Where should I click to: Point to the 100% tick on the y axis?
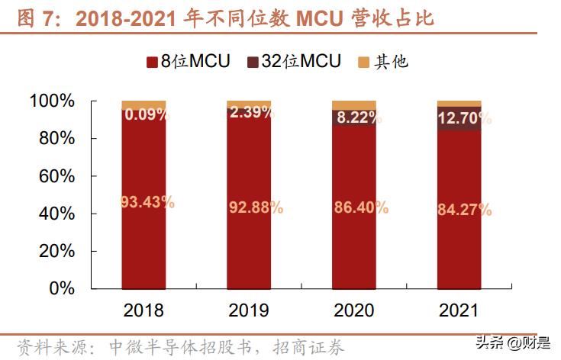pyautogui.click(x=52, y=101)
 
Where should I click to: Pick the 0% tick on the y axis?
pyautogui.click(x=60, y=289)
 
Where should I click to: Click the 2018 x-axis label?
pyautogui.click(x=143, y=310)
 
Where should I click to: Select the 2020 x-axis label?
pyautogui.click(x=353, y=310)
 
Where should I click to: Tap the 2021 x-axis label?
pyautogui.click(x=459, y=310)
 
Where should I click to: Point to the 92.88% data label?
pyautogui.click(x=256, y=207)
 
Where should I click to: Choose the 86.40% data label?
pyautogui.click(x=360, y=207)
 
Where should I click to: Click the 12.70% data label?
pyautogui.click(x=465, y=118)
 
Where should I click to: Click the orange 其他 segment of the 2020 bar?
pyautogui.click(x=353, y=105)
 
